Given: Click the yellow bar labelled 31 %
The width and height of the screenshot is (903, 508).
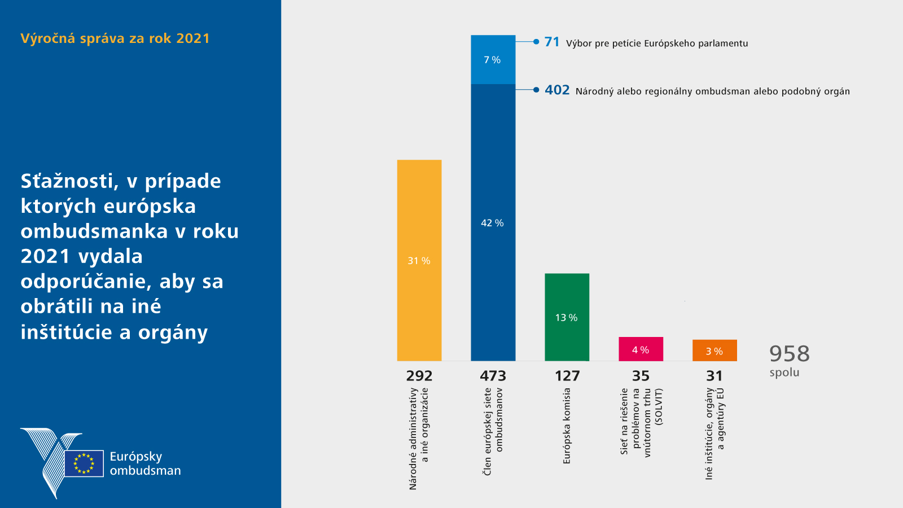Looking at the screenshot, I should [x=419, y=260].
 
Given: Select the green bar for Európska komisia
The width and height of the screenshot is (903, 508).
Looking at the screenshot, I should [x=567, y=317].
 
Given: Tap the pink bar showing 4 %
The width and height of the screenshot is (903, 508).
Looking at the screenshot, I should [x=641, y=349].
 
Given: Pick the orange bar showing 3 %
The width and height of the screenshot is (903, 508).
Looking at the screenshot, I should [x=714, y=351].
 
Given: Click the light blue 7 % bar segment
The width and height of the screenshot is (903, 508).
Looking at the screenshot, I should [x=493, y=60].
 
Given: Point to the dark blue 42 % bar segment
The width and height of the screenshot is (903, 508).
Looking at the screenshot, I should [x=493, y=222].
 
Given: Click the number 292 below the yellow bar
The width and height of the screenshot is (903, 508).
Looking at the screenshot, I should [x=419, y=376].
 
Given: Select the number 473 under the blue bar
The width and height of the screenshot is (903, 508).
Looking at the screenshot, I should [x=493, y=376].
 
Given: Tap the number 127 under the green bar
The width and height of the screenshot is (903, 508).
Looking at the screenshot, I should [x=567, y=376].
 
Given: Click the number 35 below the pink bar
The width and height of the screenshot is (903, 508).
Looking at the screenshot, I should [x=641, y=376].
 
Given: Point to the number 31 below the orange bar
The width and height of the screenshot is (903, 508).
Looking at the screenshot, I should [x=714, y=376].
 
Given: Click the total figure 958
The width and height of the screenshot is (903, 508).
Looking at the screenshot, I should [x=790, y=354].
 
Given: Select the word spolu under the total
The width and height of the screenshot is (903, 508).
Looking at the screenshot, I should [x=784, y=373].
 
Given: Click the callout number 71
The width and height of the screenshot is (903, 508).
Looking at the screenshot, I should [x=552, y=42].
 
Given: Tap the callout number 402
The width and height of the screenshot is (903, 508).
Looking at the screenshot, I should [x=557, y=90].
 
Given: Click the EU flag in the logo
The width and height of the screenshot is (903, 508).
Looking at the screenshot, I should [x=84, y=463].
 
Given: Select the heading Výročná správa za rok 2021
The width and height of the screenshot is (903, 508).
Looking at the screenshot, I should [x=115, y=38].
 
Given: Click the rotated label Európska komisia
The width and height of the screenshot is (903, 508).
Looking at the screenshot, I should [x=567, y=426].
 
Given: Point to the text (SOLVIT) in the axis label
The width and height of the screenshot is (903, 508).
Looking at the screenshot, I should [x=659, y=407].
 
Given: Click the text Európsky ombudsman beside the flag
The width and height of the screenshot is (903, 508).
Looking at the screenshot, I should [x=145, y=463].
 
